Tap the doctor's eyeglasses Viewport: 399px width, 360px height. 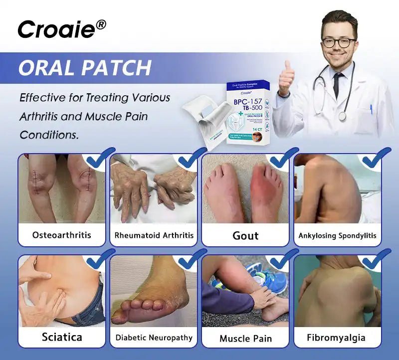click(339, 42)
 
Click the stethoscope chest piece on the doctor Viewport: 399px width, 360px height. click(342, 116)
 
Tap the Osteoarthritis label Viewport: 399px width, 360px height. click(62, 235)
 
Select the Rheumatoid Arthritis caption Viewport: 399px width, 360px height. click(154, 235)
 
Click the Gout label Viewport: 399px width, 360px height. click(245, 235)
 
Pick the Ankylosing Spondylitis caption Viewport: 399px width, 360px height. click(337, 235)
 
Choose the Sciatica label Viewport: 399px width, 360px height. click(62, 337)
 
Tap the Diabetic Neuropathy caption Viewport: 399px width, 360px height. click(154, 338)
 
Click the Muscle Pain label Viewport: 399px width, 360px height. click(245, 338)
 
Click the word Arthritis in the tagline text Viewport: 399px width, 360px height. click(41, 117)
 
